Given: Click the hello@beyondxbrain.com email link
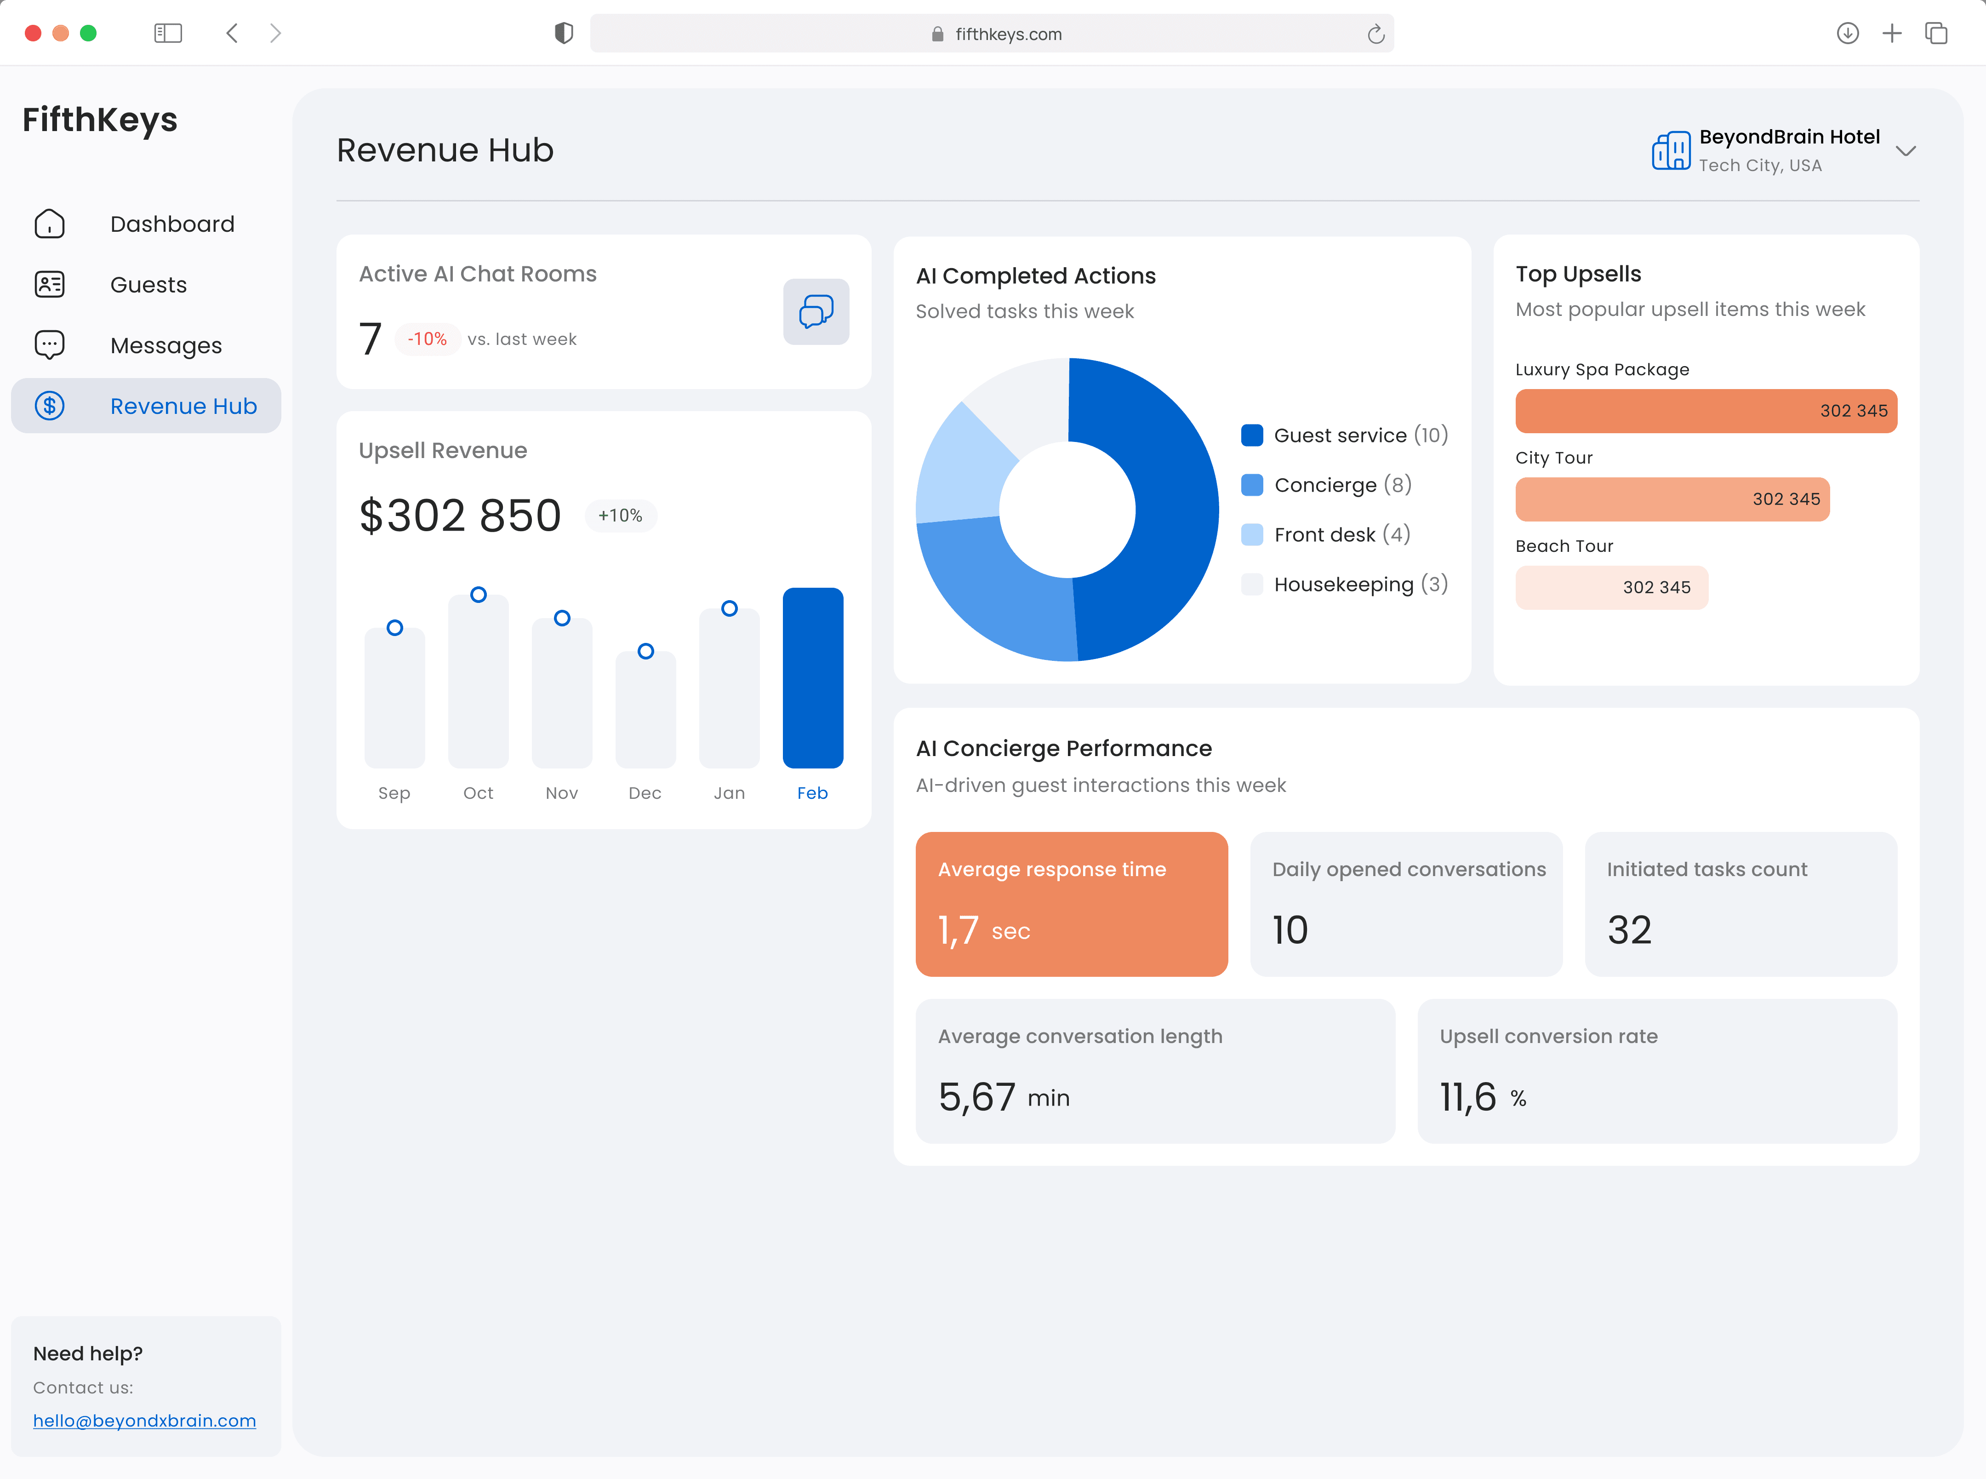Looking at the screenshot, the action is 144,1421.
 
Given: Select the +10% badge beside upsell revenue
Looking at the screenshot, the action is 620,516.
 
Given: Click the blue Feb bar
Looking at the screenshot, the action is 813,678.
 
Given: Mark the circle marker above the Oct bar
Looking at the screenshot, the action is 479,595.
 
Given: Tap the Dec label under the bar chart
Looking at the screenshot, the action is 645,793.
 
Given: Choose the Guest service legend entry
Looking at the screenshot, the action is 1344,435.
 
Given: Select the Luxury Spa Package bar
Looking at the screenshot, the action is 1706,411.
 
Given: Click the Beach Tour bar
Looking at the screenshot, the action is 1611,587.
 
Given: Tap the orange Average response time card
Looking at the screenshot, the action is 1071,904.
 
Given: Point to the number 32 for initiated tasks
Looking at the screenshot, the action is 1629,930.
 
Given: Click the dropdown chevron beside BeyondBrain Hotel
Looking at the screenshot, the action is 1906,151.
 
